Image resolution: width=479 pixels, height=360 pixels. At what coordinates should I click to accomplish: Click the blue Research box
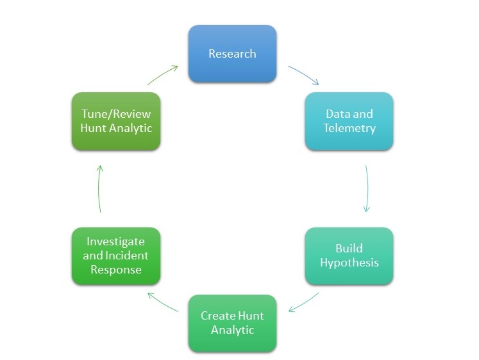(x=232, y=54)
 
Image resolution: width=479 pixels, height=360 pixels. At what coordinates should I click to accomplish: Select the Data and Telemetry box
(x=349, y=121)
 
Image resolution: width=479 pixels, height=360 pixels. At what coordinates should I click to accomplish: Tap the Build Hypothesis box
(x=349, y=256)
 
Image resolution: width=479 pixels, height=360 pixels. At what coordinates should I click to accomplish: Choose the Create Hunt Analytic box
(x=232, y=323)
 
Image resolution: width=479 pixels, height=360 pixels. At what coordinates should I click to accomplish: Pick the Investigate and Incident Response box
(x=115, y=256)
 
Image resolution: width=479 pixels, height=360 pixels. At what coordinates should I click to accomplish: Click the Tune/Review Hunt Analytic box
(x=115, y=121)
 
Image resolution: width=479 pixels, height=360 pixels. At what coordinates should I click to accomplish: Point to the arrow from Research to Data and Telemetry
(x=303, y=75)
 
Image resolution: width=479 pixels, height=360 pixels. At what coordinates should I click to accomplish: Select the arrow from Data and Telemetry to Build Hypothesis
(x=367, y=188)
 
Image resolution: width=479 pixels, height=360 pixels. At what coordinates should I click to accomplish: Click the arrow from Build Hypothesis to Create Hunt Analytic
(x=303, y=302)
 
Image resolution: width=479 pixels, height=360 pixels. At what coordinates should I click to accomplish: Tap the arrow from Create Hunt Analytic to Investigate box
(x=162, y=302)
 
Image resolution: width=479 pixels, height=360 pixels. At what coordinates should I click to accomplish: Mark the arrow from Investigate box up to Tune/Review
(x=99, y=188)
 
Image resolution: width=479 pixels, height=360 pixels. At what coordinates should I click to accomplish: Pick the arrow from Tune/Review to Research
(x=162, y=74)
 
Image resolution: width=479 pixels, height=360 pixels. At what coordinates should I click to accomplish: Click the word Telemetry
(x=349, y=128)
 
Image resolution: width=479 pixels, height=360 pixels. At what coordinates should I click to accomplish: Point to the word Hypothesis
(x=349, y=263)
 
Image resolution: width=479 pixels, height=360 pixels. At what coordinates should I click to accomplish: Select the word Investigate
(x=115, y=241)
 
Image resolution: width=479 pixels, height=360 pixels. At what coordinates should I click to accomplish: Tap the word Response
(x=115, y=270)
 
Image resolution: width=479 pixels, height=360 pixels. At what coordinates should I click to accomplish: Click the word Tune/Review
(x=115, y=114)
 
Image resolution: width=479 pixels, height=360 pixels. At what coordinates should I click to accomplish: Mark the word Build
(x=349, y=249)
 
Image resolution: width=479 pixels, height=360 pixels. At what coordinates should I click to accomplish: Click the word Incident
(x=129, y=256)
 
